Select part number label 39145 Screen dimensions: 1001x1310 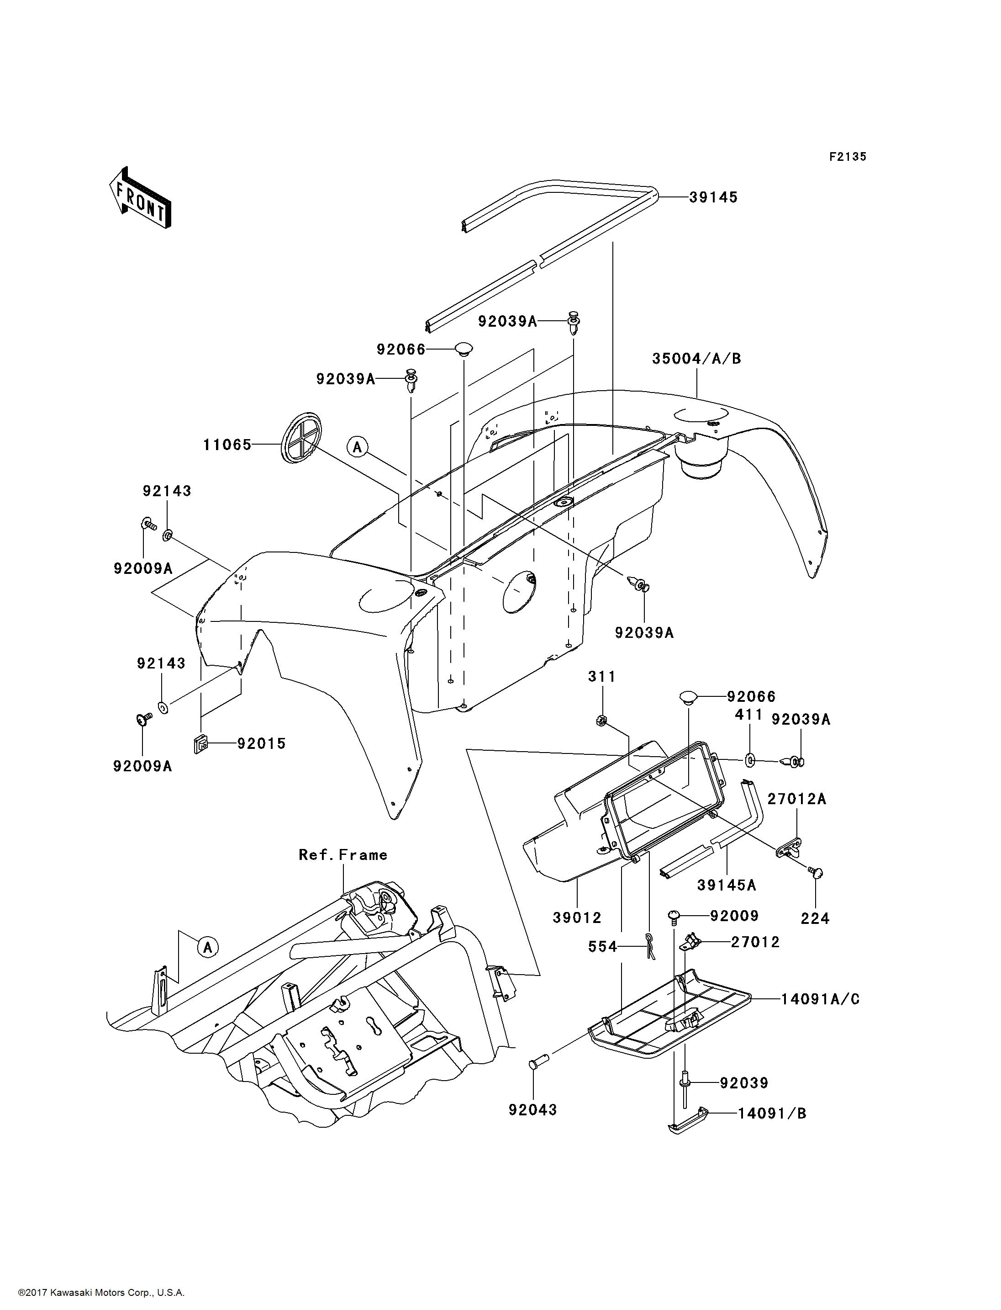click(713, 197)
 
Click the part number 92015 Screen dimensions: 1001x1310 click(262, 743)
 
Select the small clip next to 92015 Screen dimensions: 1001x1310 click(201, 745)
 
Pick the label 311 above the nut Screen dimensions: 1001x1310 click(602, 677)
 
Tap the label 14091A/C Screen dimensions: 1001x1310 click(821, 999)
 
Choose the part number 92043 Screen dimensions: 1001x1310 click(532, 1110)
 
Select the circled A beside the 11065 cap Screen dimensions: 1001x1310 click(358, 446)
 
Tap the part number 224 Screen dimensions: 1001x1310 click(815, 919)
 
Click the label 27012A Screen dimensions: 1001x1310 click(796, 799)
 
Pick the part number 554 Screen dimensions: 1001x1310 click(602, 947)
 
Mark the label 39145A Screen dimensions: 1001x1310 click(727, 886)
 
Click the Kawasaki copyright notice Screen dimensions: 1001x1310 click(101, 1293)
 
